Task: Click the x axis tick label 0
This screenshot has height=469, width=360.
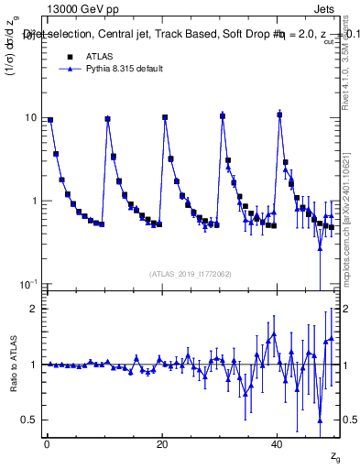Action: (x=46, y=443)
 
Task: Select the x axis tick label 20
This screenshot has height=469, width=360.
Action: (x=161, y=443)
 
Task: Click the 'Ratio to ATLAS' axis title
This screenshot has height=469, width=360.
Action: (x=12, y=365)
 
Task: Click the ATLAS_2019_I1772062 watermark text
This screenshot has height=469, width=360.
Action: (x=190, y=273)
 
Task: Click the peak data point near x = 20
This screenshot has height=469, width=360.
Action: (x=165, y=117)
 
